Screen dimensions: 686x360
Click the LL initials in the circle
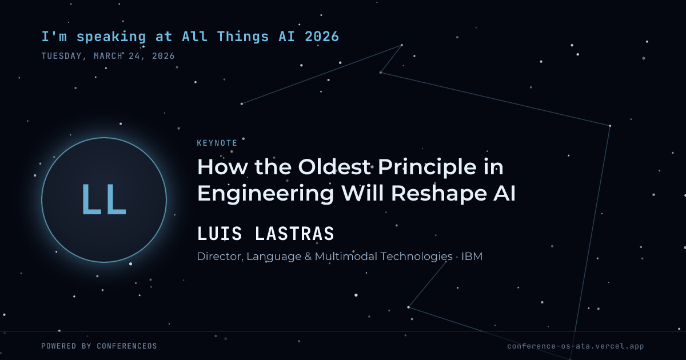pos(104,200)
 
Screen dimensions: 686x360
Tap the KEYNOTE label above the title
pos(217,143)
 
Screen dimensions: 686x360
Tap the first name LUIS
pos(220,234)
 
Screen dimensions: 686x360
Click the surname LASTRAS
pos(294,234)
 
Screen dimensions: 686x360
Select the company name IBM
pos(472,256)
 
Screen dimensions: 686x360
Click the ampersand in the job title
pos(308,257)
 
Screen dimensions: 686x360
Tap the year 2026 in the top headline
pos(322,37)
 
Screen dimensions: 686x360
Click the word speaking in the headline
pos(111,37)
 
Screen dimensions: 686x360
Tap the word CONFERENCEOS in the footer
pos(127,346)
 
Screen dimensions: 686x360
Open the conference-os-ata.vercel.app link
pos(576,346)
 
